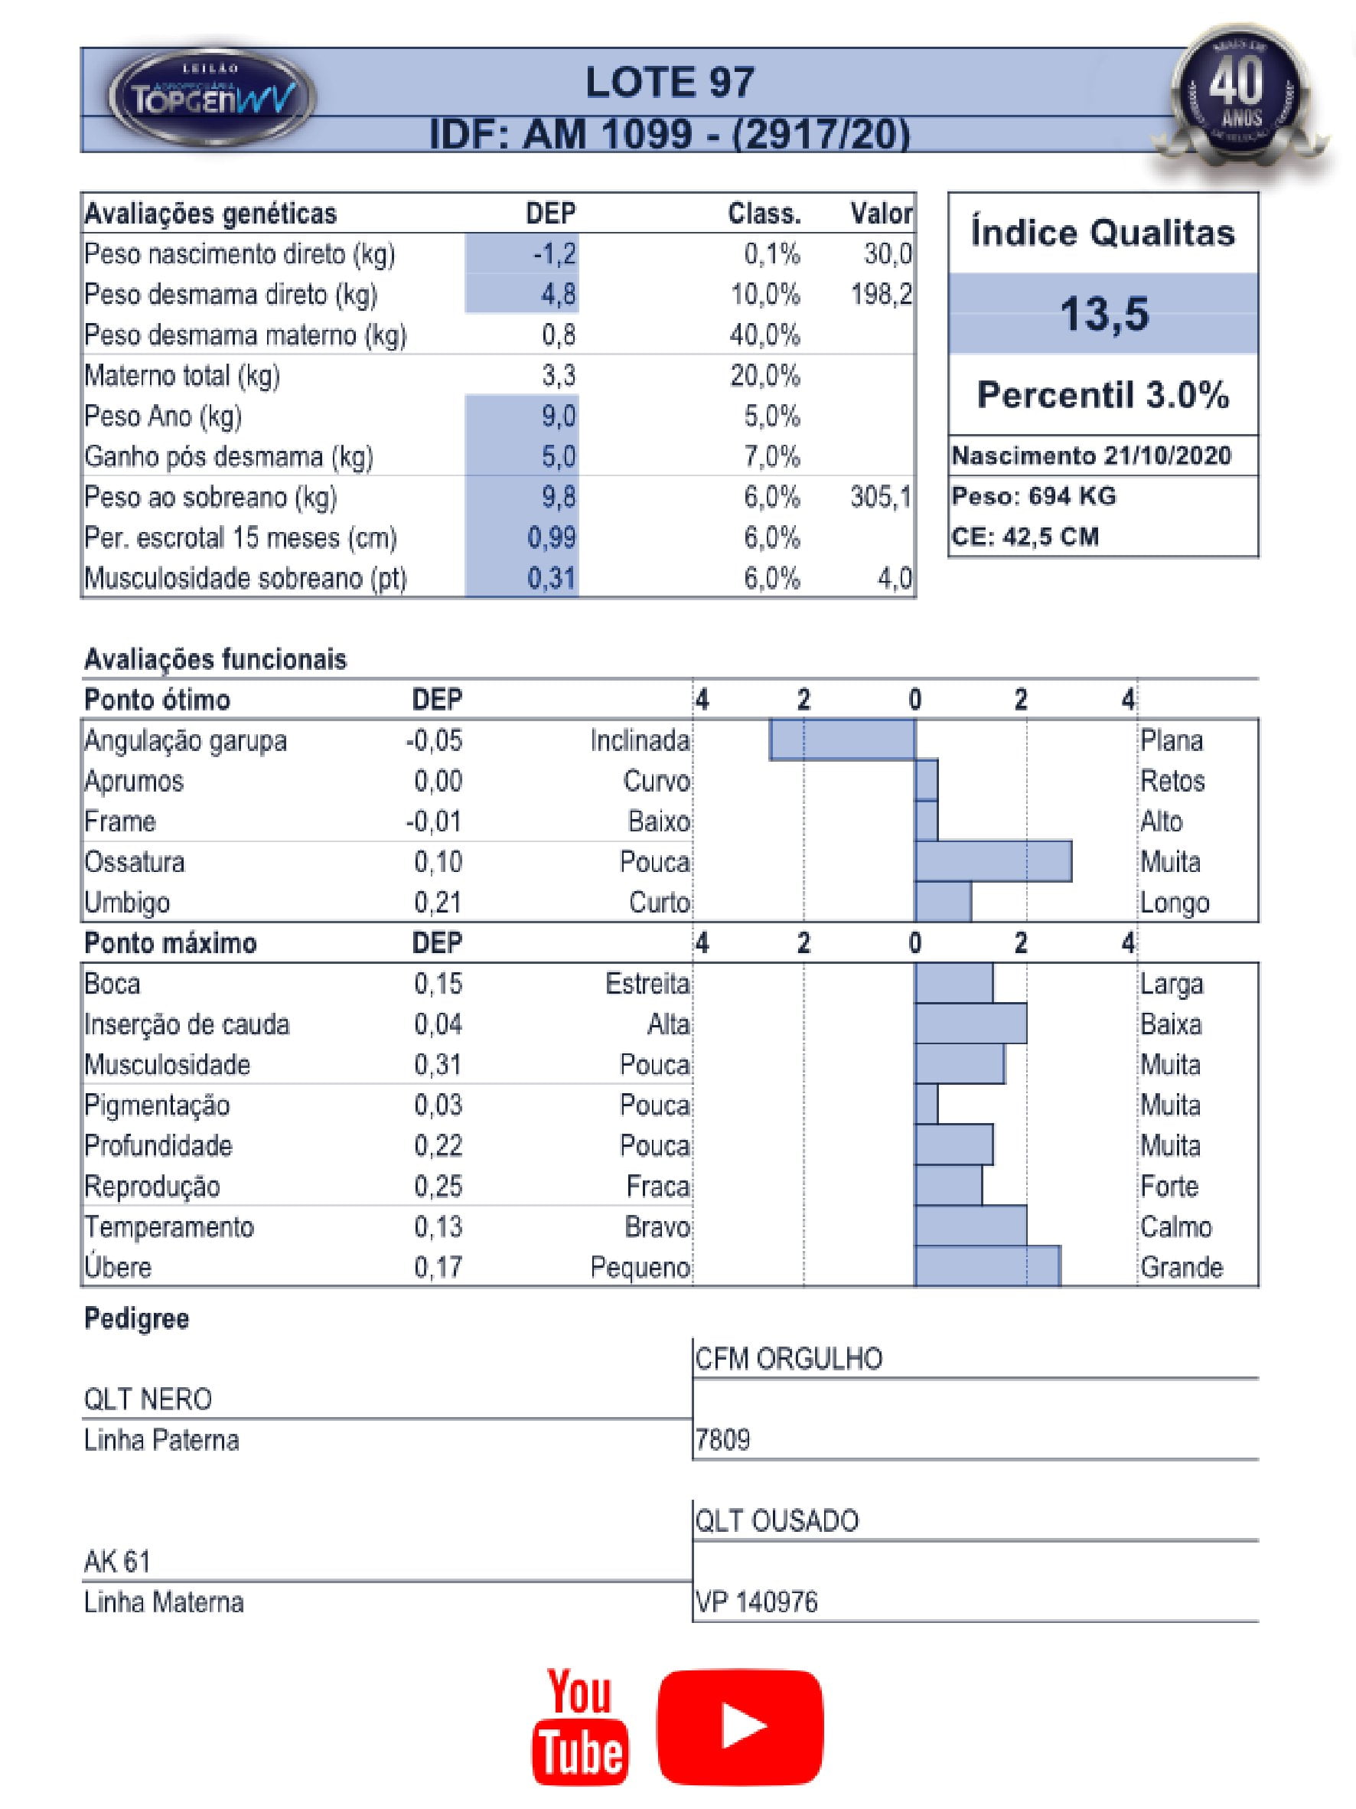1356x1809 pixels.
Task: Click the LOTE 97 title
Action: pos(670,83)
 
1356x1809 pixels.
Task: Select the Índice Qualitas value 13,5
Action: pos(1103,314)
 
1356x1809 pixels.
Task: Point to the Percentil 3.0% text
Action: pos(1103,395)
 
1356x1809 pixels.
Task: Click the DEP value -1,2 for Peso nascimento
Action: pos(555,254)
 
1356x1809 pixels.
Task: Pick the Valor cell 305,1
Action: pos(880,498)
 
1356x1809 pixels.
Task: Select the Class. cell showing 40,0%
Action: pos(765,335)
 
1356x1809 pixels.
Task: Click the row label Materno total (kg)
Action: pos(182,376)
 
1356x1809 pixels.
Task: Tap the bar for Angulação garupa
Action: pos(842,740)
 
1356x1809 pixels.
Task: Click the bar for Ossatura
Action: pos(993,862)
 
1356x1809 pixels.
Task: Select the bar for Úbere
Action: pos(987,1267)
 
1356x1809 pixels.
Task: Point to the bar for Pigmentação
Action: pos(926,1105)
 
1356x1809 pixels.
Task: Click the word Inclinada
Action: pos(640,741)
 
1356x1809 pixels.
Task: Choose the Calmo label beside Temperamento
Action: pos(1175,1226)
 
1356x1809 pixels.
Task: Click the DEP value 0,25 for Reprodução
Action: pos(438,1186)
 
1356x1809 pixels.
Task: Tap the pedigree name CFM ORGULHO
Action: pos(789,1359)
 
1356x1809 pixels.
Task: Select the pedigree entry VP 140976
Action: pos(756,1602)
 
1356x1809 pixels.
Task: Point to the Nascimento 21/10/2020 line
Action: pos(1091,456)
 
